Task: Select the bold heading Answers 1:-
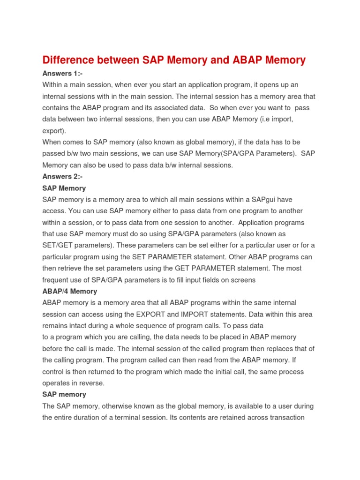[x=62, y=74]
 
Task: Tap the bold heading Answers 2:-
[x=62, y=177]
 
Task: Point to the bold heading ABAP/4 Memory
[x=69, y=291]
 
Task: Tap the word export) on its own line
[x=54, y=131]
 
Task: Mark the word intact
[x=82, y=326]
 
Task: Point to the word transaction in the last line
[x=286, y=418]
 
